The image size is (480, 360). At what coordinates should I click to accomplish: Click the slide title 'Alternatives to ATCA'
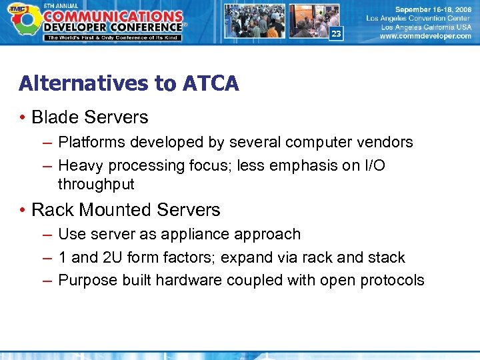click(x=129, y=83)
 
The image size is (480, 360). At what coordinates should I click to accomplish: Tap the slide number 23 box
click(x=335, y=34)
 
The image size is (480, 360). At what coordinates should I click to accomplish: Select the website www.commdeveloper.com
click(x=425, y=37)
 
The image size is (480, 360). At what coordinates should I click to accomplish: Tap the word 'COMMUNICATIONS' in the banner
click(x=113, y=15)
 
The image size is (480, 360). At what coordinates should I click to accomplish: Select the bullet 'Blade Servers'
click(x=89, y=117)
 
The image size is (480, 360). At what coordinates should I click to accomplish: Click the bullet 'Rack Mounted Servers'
click(x=125, y=210)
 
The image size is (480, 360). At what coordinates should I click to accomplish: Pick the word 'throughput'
click(x=96, y=185)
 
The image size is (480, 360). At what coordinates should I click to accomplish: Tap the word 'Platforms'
click(x=89, y=143)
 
